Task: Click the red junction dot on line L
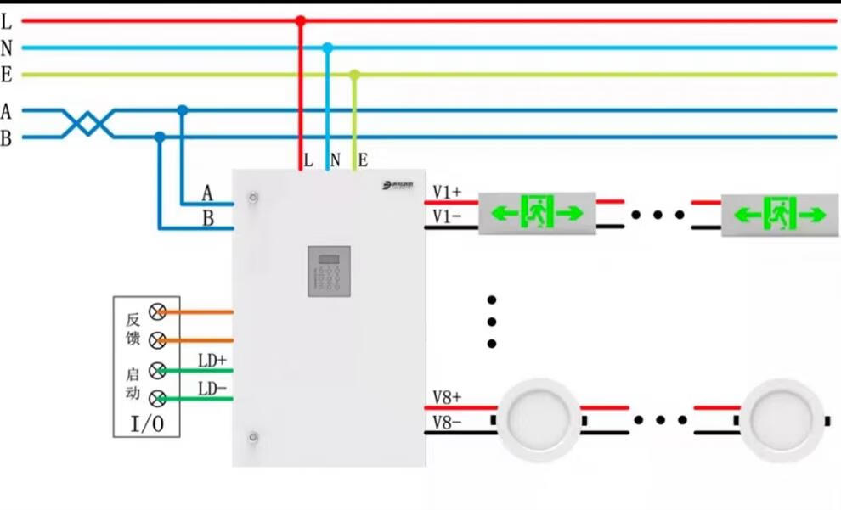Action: (300, 20)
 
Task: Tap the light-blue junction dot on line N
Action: (327, 48)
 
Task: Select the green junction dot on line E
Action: (355, 75)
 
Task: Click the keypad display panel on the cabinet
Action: (329, 271)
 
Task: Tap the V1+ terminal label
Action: (447, 192)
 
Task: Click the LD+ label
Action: (212, 361)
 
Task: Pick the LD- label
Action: (212, 389)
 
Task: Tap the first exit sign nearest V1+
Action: (538, 212)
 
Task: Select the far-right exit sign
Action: (780, 214)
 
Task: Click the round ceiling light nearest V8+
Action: (538, 419)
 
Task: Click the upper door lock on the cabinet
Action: (252, 198)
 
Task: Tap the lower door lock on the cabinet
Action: (252, 437)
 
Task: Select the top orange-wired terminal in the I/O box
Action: (156, 311)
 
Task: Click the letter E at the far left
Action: (6, 76)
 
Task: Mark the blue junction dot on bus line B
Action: (160, 137)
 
